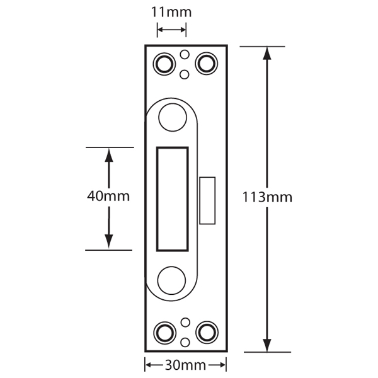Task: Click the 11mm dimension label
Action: (171, 12)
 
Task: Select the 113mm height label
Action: (267, 197)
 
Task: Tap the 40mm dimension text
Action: (108, 196)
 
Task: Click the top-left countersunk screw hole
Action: (165, 63)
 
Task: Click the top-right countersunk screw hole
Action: (205, 63)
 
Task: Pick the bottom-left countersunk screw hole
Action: (165, 331)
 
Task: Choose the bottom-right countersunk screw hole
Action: (205, 331)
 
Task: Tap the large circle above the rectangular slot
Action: (173, 117)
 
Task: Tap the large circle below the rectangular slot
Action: (173, 280)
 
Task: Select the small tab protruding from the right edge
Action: (207, 201)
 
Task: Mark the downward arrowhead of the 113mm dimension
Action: (267, 345)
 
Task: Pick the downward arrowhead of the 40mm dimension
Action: (108, 241)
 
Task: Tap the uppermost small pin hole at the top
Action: (185, 54)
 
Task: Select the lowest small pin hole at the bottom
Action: (185, 342)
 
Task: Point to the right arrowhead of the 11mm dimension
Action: (182, 29)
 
